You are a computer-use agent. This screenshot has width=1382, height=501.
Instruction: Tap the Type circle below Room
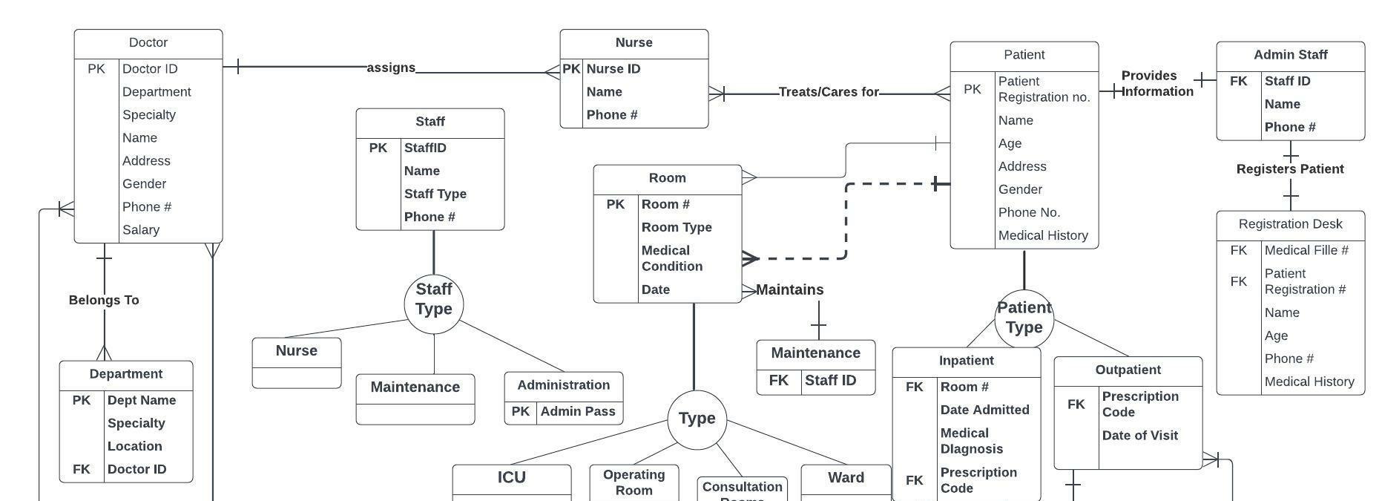(x=697, y=419)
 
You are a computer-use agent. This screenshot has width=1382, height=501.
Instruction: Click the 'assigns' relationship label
(x=391, y=68)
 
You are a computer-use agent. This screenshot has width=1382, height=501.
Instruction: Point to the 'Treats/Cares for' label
(x=829, y=92)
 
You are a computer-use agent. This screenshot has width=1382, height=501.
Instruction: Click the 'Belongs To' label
(x=104, y=300)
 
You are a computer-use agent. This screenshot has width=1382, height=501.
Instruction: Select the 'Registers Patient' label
(x=1290, y=169)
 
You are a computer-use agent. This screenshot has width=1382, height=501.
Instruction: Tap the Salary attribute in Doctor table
(x=141, y=230)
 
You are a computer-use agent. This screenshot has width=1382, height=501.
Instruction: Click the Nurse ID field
(x=613, y=69)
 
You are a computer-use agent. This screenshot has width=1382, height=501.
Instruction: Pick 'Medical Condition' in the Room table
(x=672, y=258)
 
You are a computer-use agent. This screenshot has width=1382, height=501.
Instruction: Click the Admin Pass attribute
(x=578, y=411)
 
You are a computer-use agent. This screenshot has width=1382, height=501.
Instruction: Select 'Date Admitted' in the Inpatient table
(x=984, y=410)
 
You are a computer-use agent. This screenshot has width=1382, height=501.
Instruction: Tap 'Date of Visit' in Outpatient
(x=1139, y=436)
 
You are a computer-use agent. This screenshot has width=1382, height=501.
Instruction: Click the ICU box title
(x=512, y=477)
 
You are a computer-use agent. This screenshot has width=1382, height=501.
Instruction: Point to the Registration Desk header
(x=1290, y=224)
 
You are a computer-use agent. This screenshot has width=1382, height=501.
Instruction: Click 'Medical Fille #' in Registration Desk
(x=1306, y=250)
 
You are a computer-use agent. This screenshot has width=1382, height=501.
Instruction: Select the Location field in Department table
(x=134, y=446)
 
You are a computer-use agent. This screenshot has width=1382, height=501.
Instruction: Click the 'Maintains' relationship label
(x=789, y=289)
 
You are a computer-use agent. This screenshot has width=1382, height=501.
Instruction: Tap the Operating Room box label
(x=634, y=482)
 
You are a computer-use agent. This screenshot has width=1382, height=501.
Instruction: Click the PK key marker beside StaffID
(x=378, y=148)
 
